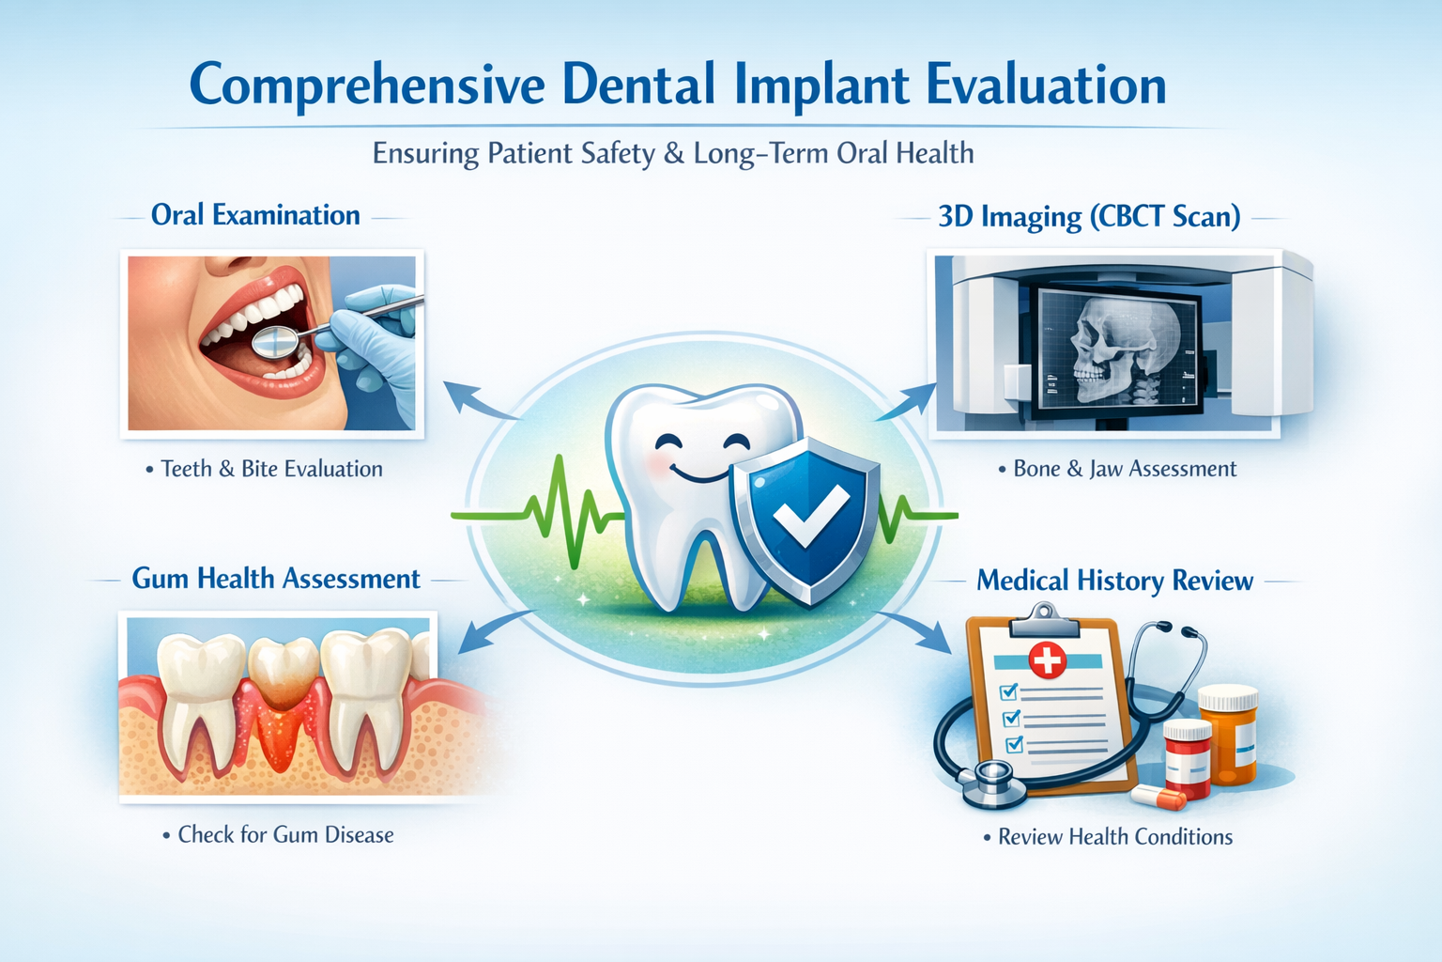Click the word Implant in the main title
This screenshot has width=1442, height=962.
tap(821, 86)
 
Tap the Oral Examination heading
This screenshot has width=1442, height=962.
tap(255, 215)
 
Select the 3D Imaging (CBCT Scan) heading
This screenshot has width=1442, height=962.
tap(1089, 217)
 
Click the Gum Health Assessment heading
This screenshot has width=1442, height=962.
tap(275, 579)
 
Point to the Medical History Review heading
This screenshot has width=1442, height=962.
tap(1114, 581)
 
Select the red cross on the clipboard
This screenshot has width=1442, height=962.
tap(1048, 660)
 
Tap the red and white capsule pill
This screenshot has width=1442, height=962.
tap(1160, 798)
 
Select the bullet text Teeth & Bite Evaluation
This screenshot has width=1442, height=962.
tap(270, 469)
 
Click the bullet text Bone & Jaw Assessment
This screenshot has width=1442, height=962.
tap(1124, 469)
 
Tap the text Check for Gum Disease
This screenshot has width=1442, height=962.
tap(284, 834)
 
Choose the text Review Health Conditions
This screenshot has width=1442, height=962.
tap(1114, 836)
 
